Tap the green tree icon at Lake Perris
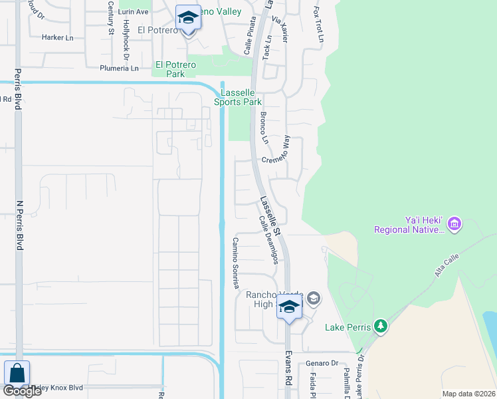[380, 326]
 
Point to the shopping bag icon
[16, 374]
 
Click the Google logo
[22, 391]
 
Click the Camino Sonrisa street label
[235, 263]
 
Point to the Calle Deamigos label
[267, 239]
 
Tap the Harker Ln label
[57, 38]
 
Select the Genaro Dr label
[322, 363]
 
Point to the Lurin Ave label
[132, 12]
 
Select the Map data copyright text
[469, 394]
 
